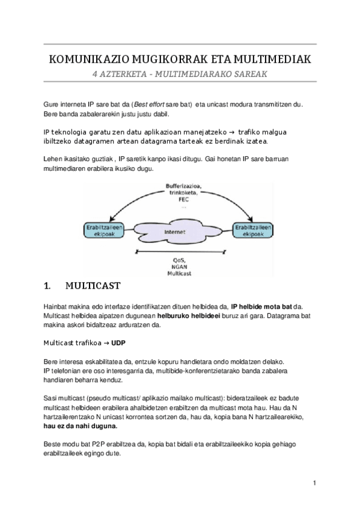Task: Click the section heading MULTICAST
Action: pos(94,286)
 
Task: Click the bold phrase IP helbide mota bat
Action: pos(261,306)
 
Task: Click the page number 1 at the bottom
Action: pos(314,483)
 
